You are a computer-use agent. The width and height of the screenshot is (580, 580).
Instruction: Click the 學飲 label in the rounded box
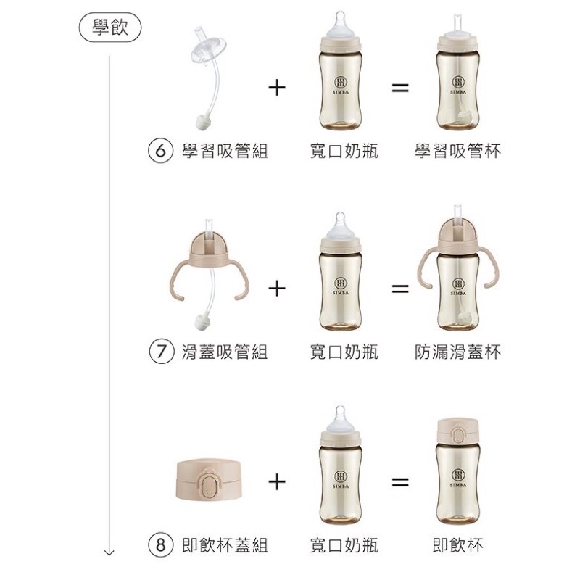point(110,28)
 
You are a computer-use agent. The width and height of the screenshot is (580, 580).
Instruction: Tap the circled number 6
point(160,151)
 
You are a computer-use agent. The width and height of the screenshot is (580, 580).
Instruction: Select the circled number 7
point(161,352)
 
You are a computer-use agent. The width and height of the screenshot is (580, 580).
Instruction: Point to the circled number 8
point(160,545)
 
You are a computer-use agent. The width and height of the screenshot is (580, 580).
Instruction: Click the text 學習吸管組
point(225,151)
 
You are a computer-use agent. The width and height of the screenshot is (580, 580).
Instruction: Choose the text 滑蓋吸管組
point(225,352)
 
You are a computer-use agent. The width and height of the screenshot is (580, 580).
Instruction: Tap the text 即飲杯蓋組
point(225,546)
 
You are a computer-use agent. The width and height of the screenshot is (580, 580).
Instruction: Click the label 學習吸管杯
point(458,151)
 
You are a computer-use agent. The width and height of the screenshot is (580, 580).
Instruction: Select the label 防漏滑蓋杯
point(458,352)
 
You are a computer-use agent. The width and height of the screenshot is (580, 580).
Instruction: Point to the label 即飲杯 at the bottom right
point(458,546)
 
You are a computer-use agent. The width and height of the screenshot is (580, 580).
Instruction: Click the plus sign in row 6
point(277,88)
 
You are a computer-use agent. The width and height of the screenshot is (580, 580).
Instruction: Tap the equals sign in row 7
point(400,289)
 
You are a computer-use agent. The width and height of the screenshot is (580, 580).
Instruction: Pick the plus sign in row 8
point(277,482)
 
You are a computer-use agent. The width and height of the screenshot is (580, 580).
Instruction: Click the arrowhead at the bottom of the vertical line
point(109,552)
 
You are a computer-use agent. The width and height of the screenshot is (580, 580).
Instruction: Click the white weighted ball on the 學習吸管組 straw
point(203,121)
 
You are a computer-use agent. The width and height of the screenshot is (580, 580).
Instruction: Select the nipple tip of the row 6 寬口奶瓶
point(340,17)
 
